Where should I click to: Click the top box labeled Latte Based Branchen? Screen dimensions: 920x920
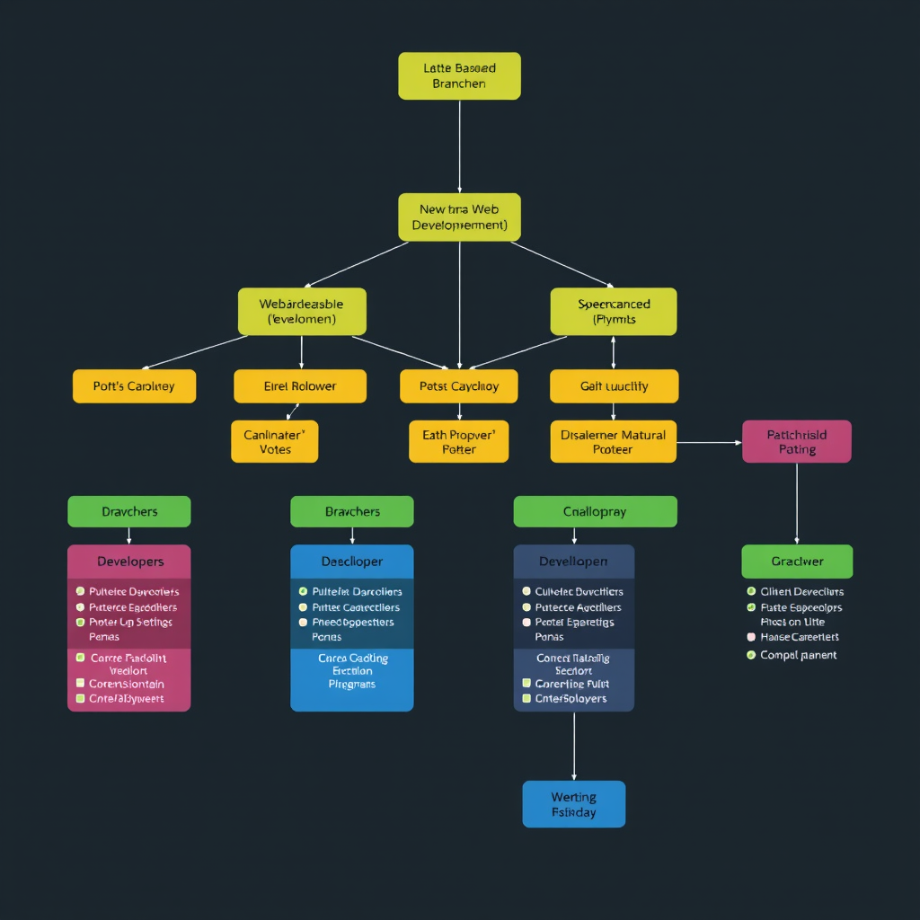pos(459,75)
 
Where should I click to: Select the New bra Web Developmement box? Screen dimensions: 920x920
pos(459,217)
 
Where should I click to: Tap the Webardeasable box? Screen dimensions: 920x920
pos(302,311)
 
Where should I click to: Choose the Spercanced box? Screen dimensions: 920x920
pos(614,311)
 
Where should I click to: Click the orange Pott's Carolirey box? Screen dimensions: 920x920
pos(134,386)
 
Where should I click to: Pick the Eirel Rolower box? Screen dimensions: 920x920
pos(300,386)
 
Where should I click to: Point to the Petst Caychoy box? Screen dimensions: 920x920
pos(459,386)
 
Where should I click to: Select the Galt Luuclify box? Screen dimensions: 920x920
pos(614,386)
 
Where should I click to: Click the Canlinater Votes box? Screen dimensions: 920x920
pos(275,441)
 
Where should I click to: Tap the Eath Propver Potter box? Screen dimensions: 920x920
pos(459,441)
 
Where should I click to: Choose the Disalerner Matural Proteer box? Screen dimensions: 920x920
pos(614,441)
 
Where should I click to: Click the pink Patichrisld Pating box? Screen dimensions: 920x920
pos(797,441)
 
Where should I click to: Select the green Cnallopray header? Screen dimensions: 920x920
pos(595,511)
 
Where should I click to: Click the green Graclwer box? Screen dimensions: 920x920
pos(797,562)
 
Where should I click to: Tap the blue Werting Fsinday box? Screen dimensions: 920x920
pos(573,804)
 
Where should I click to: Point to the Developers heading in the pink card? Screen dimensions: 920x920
pos(129,562)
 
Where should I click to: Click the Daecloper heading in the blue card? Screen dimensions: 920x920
pos(352,562)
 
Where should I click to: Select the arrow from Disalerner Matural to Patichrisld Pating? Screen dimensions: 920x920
pos(710,442)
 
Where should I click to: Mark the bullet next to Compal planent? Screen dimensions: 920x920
pos(751,655)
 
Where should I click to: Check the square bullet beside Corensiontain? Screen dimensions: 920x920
pos(80,684)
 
